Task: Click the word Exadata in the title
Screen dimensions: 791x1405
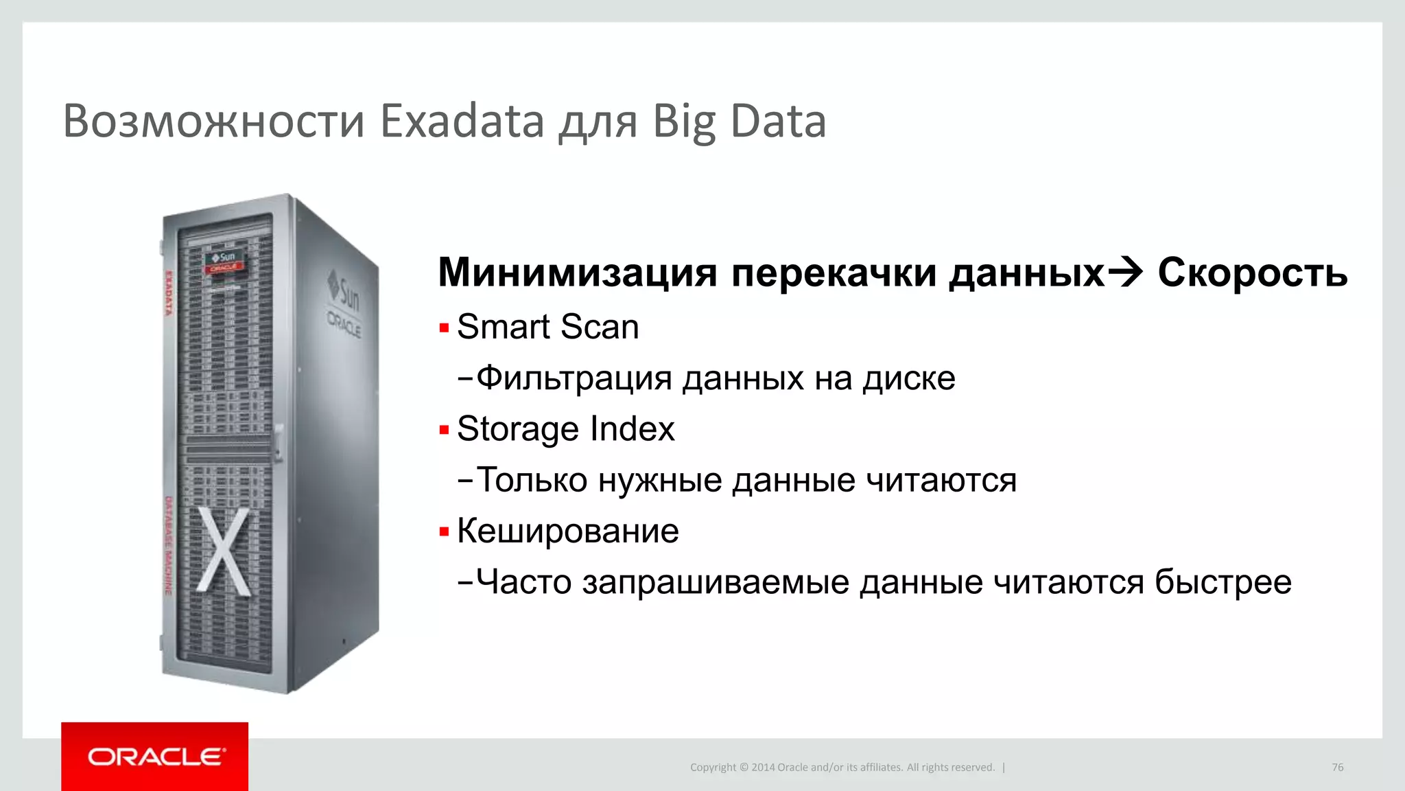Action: click(x=462, y=121)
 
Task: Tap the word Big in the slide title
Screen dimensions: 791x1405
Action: click(x=683, y=122)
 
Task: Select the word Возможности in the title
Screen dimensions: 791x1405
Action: click(x=213, y=121)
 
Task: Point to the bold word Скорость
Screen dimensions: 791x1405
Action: click(x=1253, y=273)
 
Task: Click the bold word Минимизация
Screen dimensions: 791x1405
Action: click(x=578, y=273)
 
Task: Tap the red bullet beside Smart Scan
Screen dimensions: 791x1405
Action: click(x=444, y=328)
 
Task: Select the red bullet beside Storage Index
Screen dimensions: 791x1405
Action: click(x=444, y=431)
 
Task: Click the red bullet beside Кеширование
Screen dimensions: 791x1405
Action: click(x=444, y=532)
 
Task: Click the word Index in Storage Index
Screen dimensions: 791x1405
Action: click(x=633, y=429)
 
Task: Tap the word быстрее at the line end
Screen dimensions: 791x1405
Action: click(x=1223, y=582)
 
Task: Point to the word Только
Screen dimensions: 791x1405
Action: click(x=532, y=480)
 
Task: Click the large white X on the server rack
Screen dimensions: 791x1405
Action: click(x=223, y=551)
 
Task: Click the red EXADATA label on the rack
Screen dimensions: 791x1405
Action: click(x=169, y=294)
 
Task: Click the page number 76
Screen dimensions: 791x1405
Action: click(x=1337, y=768)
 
